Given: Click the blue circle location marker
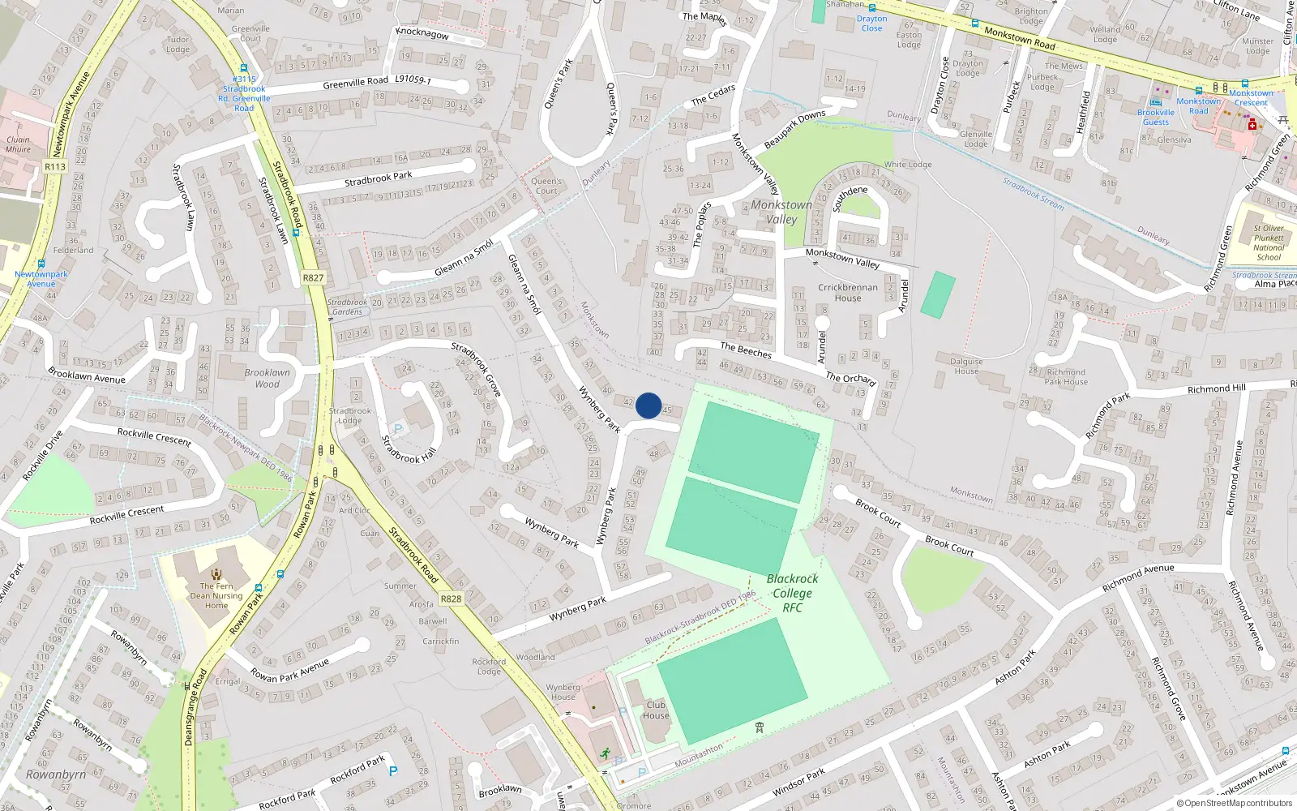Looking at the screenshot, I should tap(648, 405).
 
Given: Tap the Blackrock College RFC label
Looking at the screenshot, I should tap(792, 593).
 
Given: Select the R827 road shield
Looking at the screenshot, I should tap(313, 277).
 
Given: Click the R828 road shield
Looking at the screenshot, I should tap(451, 599).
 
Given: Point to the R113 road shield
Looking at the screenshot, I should tap(55, 167).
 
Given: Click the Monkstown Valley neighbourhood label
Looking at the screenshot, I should tap(781, 212).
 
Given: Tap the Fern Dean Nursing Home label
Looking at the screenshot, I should tap(216, 595).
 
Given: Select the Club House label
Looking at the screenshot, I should tap(656, 710).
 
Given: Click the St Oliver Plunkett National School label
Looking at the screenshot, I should tap(1269, 242).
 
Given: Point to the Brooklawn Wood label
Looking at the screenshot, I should tap(267, 378).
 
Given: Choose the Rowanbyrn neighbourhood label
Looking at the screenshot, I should tap(56, 775).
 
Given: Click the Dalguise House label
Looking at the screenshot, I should tap(966, 366).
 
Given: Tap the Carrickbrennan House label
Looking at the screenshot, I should tap(848, 292).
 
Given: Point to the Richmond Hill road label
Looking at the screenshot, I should tap(1217, 389).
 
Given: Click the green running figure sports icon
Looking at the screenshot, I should tap(605, 753).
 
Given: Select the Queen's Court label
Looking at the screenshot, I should tap(546, 187).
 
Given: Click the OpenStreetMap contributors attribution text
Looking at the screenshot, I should tap(1235, 803).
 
